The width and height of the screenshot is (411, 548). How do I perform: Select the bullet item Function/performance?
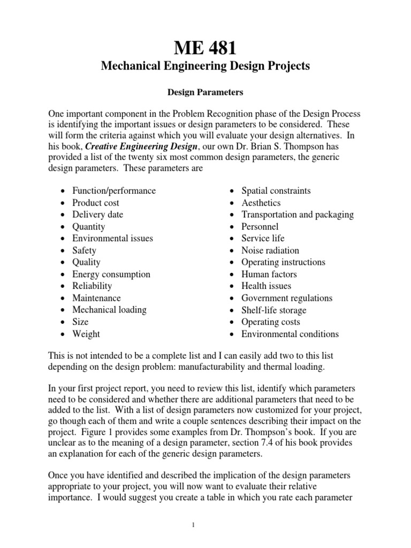114,191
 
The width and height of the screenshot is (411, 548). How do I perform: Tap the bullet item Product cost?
96,203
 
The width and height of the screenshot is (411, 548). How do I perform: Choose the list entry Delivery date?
97,215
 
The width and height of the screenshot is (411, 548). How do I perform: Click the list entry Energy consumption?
111,274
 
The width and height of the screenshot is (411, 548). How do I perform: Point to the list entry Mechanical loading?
109,310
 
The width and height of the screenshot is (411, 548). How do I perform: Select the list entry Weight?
86,334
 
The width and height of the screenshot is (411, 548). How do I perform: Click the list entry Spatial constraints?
276,191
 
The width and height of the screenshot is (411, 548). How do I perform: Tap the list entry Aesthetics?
261,203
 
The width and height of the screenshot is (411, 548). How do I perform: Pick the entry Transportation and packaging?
298,215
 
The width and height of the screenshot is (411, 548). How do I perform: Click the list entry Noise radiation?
270,250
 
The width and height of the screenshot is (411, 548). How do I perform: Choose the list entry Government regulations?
287,298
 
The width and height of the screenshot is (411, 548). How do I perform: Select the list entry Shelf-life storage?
274,310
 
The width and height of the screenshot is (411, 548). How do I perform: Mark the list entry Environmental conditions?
290,334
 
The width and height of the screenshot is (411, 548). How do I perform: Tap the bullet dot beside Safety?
64,251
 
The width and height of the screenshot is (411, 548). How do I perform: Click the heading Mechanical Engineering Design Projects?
205,66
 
